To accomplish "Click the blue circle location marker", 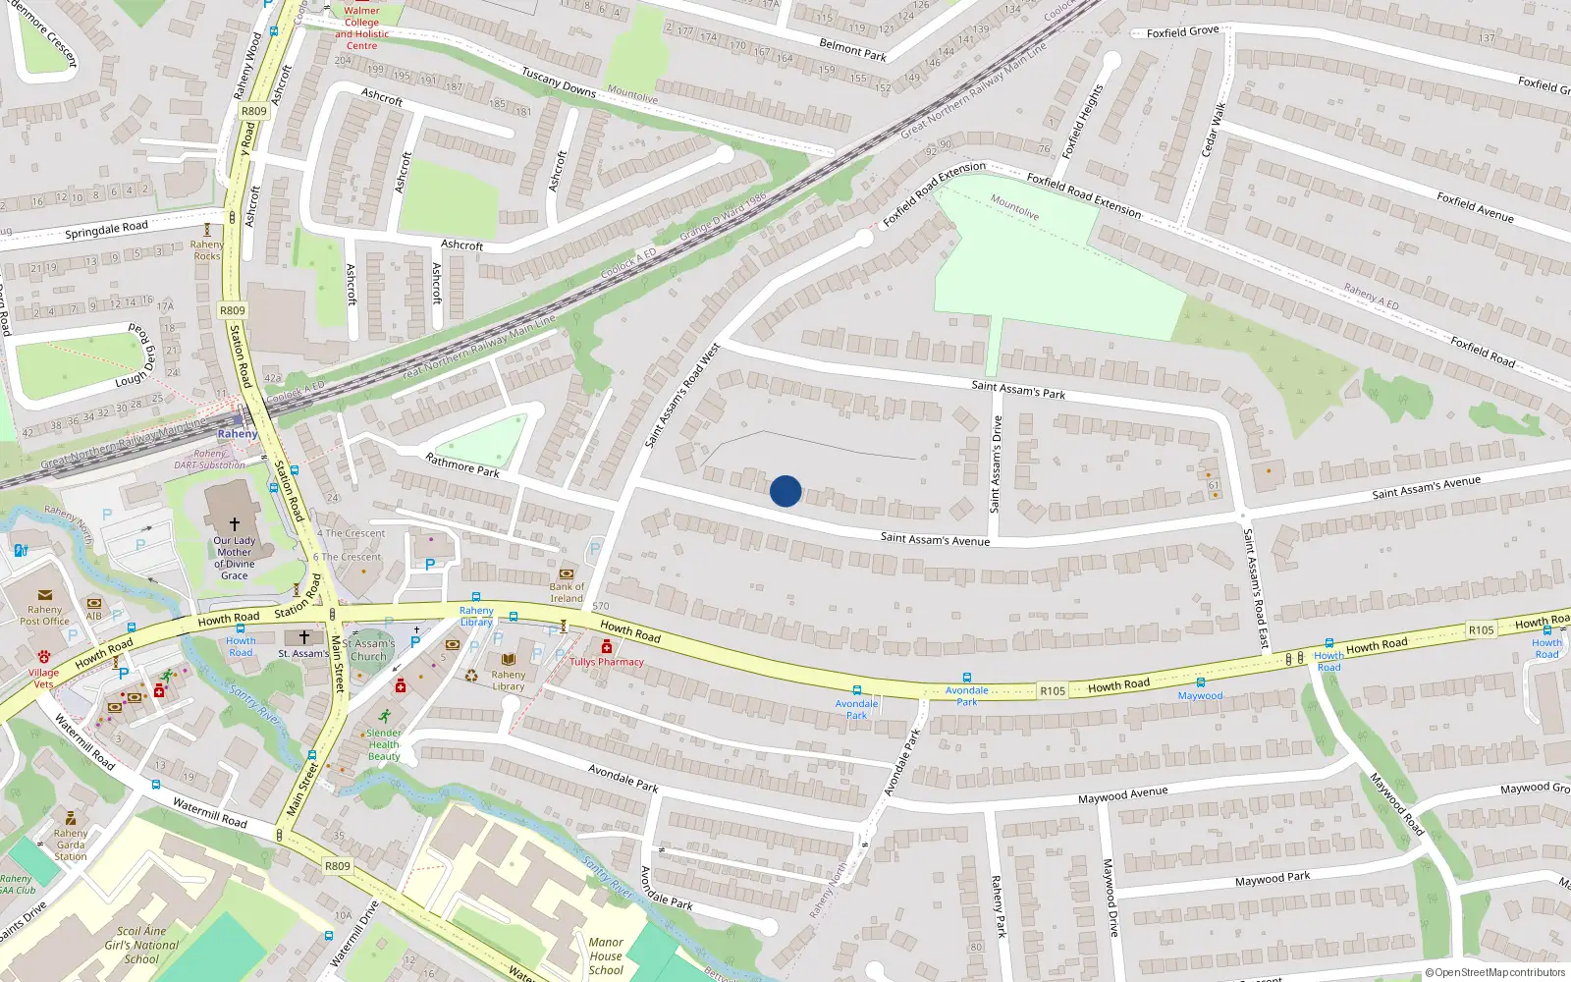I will (785, 491).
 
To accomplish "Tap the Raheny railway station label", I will (238, 433).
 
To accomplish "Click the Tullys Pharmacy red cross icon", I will (607, 646).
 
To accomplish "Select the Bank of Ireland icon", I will (567, 573).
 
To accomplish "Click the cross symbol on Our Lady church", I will (234, 524).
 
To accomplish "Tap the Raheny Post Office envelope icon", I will (44, 595).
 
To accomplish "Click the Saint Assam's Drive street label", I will (996, 464).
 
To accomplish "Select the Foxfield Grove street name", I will (1182, 32).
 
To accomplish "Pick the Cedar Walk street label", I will (1214, 129).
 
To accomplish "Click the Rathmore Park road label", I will (462, 464).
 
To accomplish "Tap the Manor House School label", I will (606, 955).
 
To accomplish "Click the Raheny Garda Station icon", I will (70, 818).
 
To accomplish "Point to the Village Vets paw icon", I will (44, 656).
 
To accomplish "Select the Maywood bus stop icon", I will (1200, 682).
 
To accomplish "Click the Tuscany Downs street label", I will (559, 82).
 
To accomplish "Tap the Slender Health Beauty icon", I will (384, 716).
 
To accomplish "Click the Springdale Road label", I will (106, 231).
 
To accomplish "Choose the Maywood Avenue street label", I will (1123, 794).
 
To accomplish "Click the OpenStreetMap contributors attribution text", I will (1495, 972).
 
